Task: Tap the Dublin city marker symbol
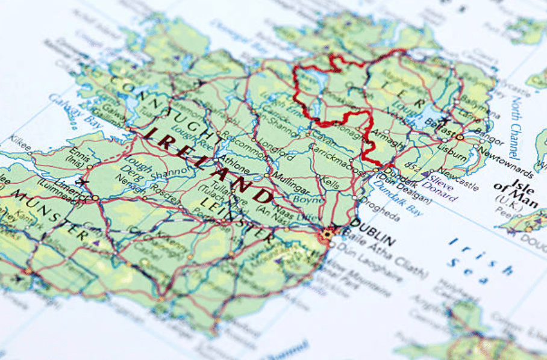328,234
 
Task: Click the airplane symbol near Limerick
83,182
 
